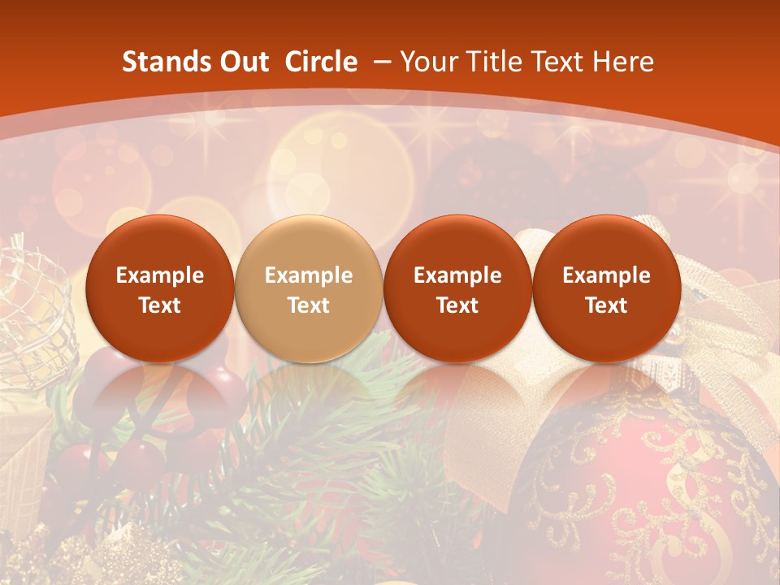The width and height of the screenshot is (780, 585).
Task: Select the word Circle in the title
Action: tap(321, 62)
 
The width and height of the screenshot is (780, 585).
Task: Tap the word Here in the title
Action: tap(623, 62)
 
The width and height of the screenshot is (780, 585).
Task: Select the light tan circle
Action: tap(309, 288)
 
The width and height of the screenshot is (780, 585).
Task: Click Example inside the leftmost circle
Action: tap(160, 275)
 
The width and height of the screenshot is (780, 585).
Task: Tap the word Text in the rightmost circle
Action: tap(606, 305)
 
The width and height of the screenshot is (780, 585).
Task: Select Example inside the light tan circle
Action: tap(309, 275)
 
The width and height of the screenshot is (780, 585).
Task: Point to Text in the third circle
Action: tap(457, 305)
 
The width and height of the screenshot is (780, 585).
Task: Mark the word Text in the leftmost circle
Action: tap(160, 305)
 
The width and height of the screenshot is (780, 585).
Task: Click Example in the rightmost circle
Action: tap(606, 275)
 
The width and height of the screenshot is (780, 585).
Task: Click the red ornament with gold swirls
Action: tap(650, 487)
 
